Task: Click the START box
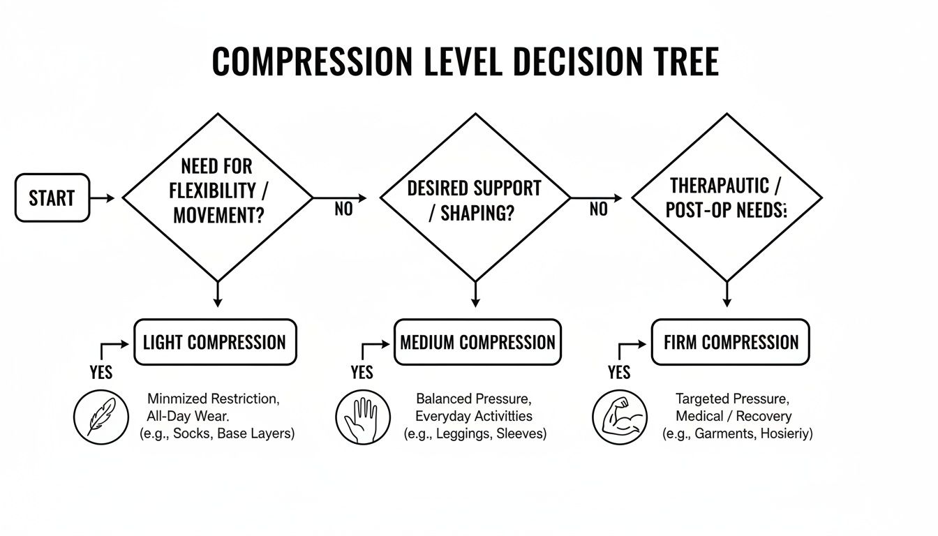click(x=52, y=198)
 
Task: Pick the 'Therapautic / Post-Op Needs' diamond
click(x=727, y=198)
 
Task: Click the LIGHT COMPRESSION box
click(x=214, y=343)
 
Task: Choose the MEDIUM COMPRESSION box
click(x=477, y=343)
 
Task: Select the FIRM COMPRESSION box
click(x=730, y=343)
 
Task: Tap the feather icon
click(x=101, y=417)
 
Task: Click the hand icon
click(x=363, y=417)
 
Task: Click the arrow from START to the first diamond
click(x=103, y=199)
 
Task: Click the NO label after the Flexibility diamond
click(x=343, y=209)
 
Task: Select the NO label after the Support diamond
click(x=598, y=209)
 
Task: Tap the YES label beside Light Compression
click(x=101, y=372)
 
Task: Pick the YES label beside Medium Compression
click(x=362, y=372)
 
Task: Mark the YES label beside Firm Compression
click(x=619, y=372)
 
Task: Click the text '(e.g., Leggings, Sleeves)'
click(x=475, y=433)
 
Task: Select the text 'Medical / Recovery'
click(x=734, y=417)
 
